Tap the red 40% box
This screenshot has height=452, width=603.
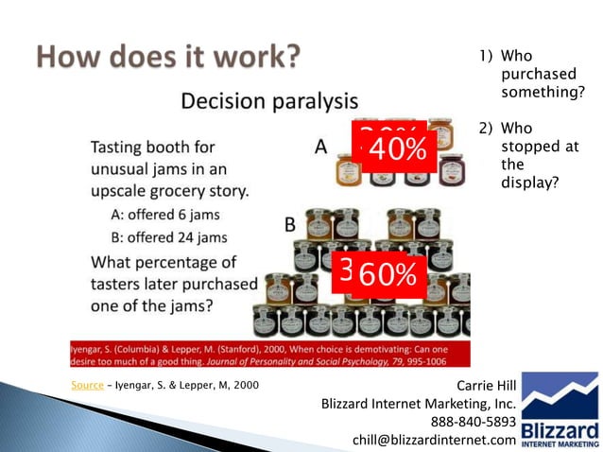pyautogui.click(x=396, y=149)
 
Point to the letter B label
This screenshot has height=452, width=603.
pyautogui.click(x=290, y=224)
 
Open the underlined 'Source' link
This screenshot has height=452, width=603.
pyautogui.click(x=87, y=385)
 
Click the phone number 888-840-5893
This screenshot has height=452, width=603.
pyautogui.click(x=474, y=421)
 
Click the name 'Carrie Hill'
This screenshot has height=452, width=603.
pyautogui.click(x=486, y=385)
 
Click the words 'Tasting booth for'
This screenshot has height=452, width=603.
pyautogui.click(x=152, y=148)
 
